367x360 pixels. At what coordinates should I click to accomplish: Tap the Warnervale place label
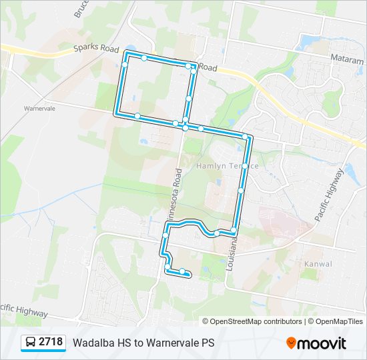pyautogui.click(x=39, y=107)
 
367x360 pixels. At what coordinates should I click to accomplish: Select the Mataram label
pyautogui.click(x=347, y=59)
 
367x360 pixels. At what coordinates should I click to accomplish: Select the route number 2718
pyautogui.click(x=51, y=343)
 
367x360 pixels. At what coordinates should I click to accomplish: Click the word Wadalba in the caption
pyautogui.click(x=93, y=343)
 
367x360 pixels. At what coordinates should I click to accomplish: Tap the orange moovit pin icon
pyautogui.click(x=291, y=343)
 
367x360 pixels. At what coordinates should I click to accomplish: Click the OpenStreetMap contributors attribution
pyautogui.click(x=256, y=321)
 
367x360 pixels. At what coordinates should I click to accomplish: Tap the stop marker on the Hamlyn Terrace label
pyautogui.click(x=246, y=165)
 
